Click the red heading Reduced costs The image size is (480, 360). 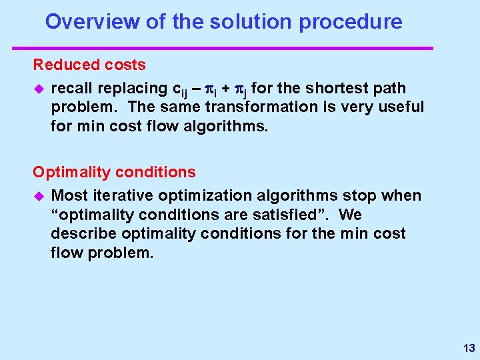tap(89, 65)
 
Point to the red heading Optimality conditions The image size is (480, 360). tap(114, 172)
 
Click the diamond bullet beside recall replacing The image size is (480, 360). tap(38, 89)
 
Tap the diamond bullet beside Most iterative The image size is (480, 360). tap(38, 196)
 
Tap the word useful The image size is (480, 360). tap(402, 107)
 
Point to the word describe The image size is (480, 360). tap(79, 234)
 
